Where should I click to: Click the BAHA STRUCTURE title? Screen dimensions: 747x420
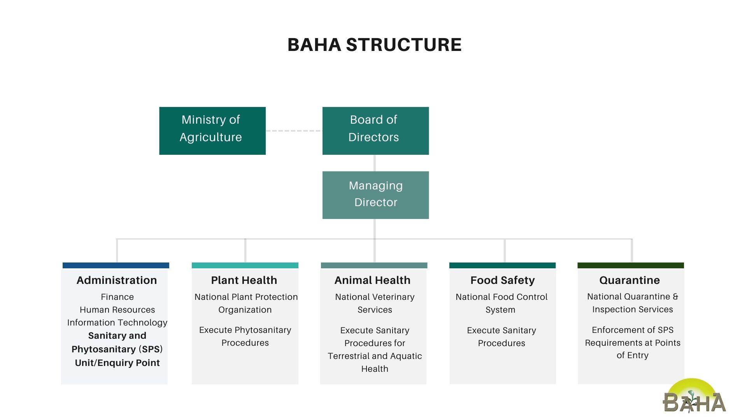coord(374,45)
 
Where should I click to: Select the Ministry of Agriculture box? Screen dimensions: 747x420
coord(212,131)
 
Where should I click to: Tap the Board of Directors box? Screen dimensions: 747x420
coord(375,131)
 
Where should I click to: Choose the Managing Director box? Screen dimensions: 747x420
coord(375,195)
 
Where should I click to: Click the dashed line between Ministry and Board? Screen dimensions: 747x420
coord(294,131)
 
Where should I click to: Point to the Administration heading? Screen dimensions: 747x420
coord(117,280)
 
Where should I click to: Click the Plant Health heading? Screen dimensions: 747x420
coord(244,280)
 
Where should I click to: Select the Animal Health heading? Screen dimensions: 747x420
coord(372,280)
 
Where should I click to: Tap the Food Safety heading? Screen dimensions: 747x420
coord(502,280)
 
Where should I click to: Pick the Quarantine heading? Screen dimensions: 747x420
coord(630,280)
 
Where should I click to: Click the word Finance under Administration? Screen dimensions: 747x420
coord(117,297)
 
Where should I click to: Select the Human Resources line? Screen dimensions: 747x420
coord(117,310)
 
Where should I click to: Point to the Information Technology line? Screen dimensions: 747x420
coord(117,323)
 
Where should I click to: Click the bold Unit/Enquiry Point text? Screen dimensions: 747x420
coord(117,363)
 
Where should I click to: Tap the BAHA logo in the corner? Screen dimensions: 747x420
coord(694,396)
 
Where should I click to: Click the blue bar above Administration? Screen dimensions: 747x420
coord(116,265)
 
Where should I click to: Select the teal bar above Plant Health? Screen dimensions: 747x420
coord(245,265)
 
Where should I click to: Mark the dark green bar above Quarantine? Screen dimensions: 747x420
coord(631,265)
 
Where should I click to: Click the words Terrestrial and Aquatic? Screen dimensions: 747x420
coord(375,356)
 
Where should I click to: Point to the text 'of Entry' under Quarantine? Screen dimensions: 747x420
coord(633,355)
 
